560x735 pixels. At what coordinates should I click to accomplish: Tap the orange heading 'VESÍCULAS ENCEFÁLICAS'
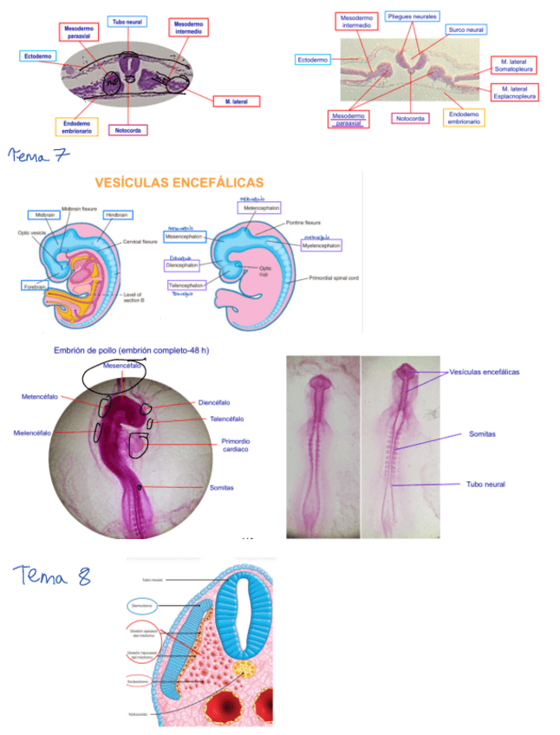click(179, 182)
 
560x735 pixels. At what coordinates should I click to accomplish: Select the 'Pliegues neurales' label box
click(413, 16)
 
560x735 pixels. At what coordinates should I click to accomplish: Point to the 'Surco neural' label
click(466, 29)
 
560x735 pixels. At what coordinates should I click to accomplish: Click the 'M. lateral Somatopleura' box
click(513, 65)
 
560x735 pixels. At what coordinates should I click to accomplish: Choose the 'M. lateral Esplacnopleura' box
click(513, 92)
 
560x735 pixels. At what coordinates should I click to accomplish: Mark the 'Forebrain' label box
click(36, 285)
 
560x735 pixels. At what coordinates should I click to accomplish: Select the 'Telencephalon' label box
click(187, 284)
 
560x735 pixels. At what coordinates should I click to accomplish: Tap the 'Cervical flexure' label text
click(144, 242)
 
